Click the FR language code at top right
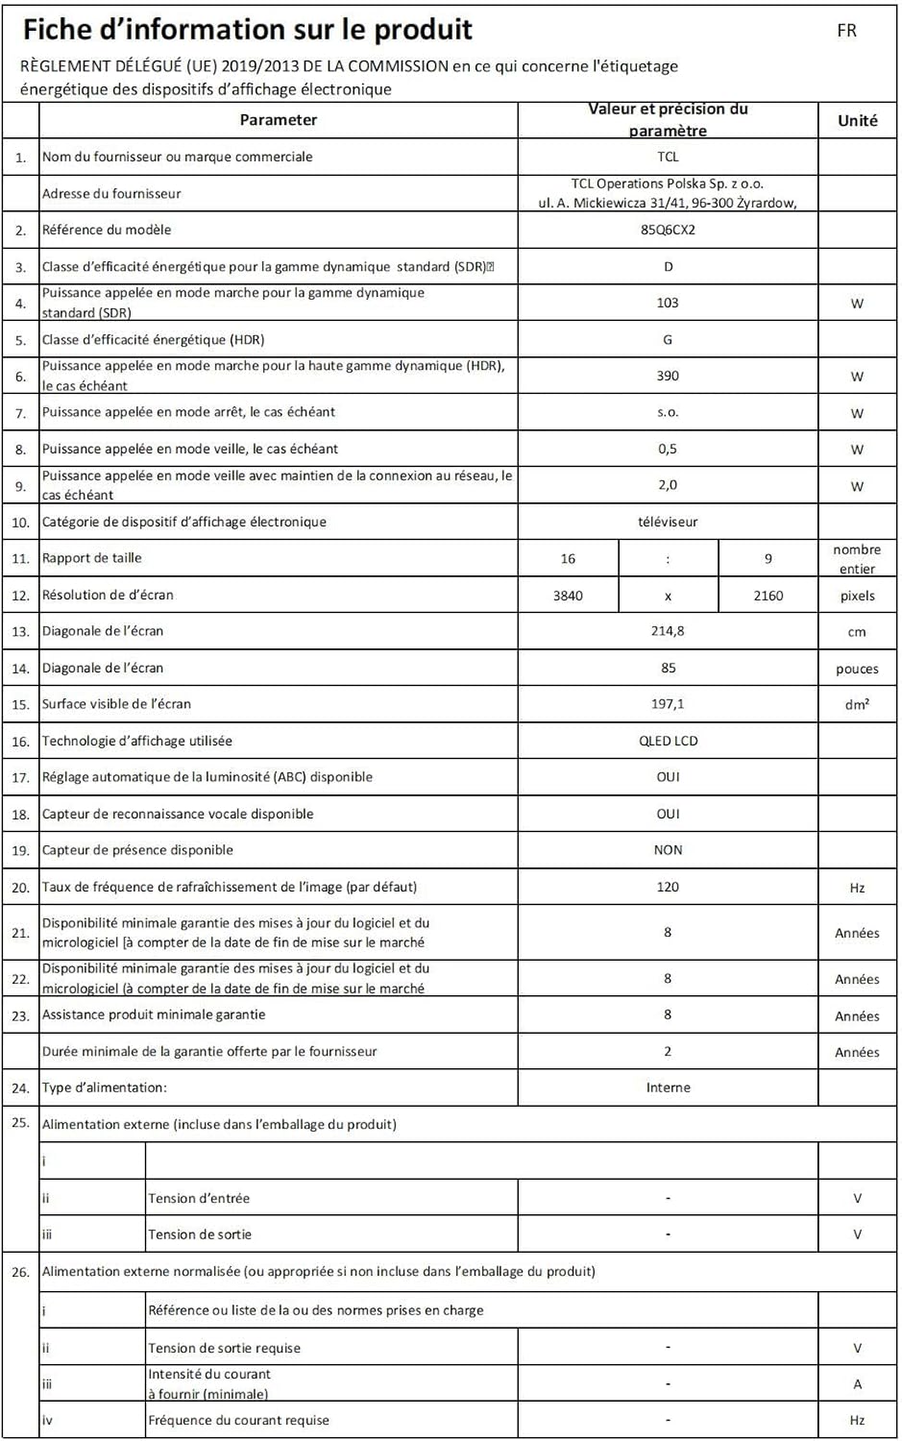(x=846, y=31)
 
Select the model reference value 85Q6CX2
(x=668, y=230)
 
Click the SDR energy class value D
(x=668, y=266)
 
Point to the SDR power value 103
(x=668, y=303)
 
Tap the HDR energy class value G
(x=668, y=339)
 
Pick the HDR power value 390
(x=668, y=376)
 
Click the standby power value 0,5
(x=668, y=449)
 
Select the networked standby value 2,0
(x=668, y=485)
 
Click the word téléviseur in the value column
(x=668, y=522)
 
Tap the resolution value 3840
(x=568, y=596)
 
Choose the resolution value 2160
(x=768, y=596)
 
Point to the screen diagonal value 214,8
(x=668, y=631)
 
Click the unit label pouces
(x=857, y=670)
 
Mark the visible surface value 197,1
(x=668, y=704)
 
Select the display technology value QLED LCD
(x=668, y=741)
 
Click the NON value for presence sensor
(x=668, y=850)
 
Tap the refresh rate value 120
(x=668, y=887)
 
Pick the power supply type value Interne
(x=668, y=1087)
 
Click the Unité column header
(x=857, y=120)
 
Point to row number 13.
(x=20, y=632)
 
